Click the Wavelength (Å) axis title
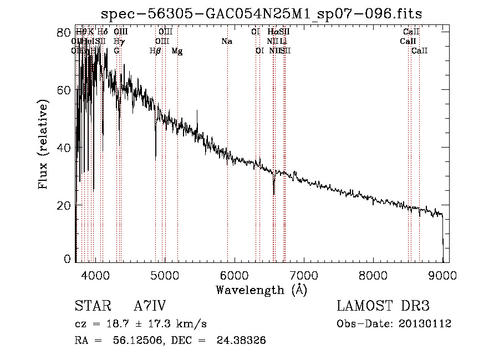point(261,290)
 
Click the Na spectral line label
point(226,42)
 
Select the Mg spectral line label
point(177,51)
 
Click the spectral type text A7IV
point(150,307)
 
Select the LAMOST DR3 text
point(383,307)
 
